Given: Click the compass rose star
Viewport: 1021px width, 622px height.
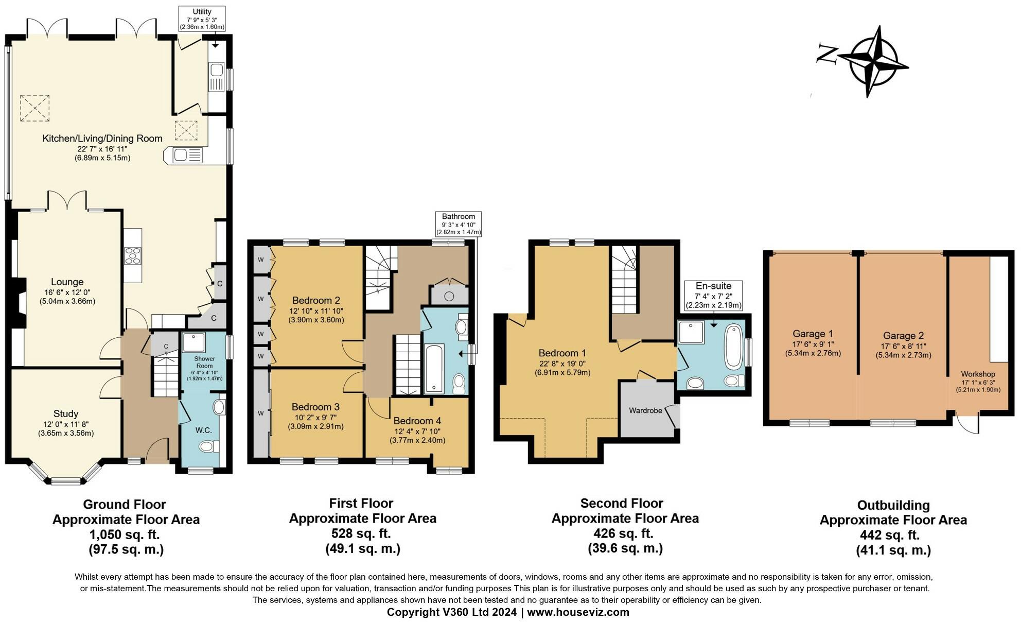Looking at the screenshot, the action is pos(874,62).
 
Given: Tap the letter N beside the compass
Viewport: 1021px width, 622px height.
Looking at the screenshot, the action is pos(828,55).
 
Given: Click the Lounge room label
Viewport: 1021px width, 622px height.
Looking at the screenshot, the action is pos(67,282).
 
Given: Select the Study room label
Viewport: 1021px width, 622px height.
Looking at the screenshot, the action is pos(66,413).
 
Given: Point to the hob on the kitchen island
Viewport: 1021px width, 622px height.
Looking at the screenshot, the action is pos(132,255).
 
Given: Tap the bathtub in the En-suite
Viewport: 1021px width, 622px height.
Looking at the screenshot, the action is pos(732,347).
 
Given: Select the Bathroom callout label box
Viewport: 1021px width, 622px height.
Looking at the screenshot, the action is pos(459,224).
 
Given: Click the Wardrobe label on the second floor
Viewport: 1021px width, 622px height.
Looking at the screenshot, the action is pos(645,410).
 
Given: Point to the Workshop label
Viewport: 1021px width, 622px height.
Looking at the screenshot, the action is pos(978,374).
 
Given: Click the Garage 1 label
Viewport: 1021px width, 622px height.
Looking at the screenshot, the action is pos(813,334).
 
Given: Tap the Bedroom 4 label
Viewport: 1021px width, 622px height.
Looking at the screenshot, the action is pos(417,421).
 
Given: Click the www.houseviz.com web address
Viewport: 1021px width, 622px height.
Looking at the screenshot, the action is pos(578,612).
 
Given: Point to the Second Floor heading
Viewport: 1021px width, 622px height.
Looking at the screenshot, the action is pos(622,503).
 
